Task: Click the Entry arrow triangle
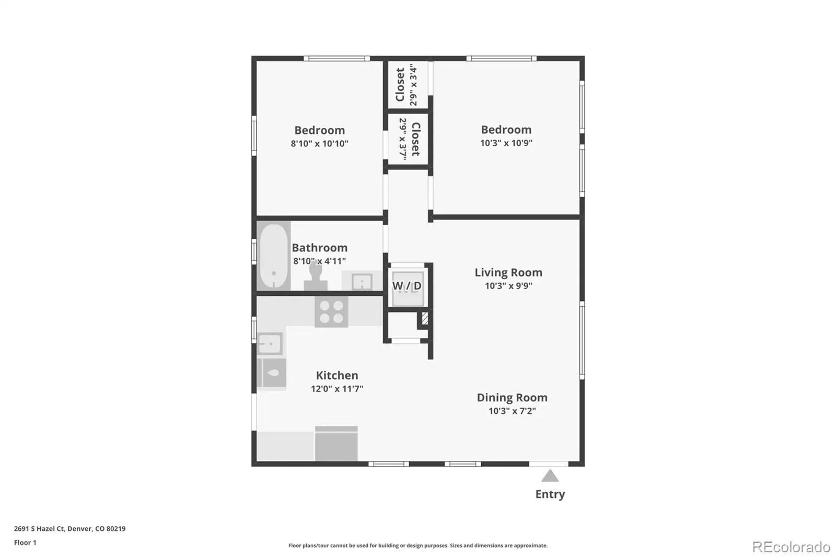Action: pyautogui.click(x=550, y=477)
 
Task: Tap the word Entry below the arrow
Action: pyautogui.click(x=550, y=494)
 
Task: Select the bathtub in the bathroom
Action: pyautogui.click(x=274, y=256)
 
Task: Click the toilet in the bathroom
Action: pyautogui.click(x=316, y=277)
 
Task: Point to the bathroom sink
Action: pyautogui.click(x=362, y=281)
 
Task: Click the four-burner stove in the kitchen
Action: pyautogui.click(x=331, y=312)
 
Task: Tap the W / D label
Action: pyautogui.click(x=407, y=286)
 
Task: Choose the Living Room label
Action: pyautogui.click(x=508, y=273)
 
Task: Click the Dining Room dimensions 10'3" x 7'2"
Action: pyautogui.click(x=512, y=411)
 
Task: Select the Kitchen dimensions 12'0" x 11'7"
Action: pyautogui.click(x=337, y=389)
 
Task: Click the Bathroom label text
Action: pyautogui.click(x=319, y=248)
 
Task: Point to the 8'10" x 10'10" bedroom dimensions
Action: pyautogui.click(x=319, y=144)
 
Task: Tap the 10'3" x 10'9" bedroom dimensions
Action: pyautogui.click(x=506, y=143)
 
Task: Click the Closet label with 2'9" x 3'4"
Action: pyautogui.click(x=400, y=84)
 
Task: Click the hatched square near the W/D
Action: pyautogui.click(x=425, y=318)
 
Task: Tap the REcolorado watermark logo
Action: pyautogui.click(x=791, y=547)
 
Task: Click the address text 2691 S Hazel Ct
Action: pyautogui.click(x=40, y=529)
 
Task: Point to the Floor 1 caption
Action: pyautogui.click(x=26, y=543)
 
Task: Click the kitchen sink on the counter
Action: pyautogui.click(x=270, y=343)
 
